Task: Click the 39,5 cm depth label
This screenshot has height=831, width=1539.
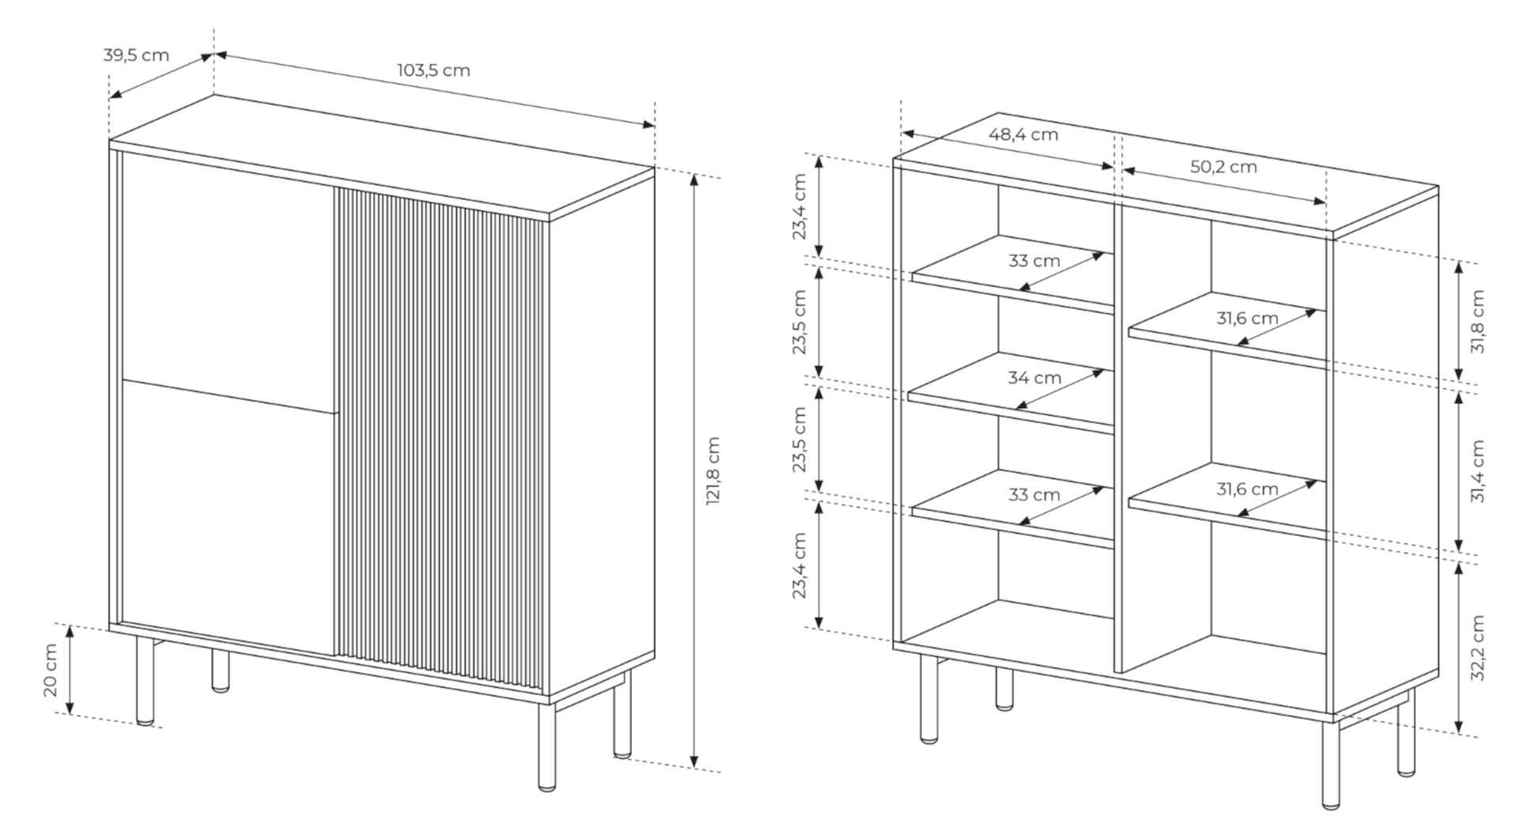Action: [x=136, y=55]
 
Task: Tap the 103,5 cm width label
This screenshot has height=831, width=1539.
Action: [x=433, y=70]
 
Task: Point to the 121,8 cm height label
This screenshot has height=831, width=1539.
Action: [x=713, y=470]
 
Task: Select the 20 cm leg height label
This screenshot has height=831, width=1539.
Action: [x=51, y=670]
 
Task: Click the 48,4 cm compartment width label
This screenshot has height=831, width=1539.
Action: [x=1023, y=134]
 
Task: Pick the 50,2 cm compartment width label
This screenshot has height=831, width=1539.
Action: [x=1223, y=167]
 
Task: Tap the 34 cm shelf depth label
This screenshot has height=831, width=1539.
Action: [x=1034, y=378]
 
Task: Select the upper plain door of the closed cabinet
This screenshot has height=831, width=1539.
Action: [x=229, y=281]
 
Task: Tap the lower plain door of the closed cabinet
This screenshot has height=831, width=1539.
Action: [x=229, y=514]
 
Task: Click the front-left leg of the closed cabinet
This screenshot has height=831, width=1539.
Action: [x=146, y=680]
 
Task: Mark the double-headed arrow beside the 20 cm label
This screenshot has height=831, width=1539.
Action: [x=70, y=670]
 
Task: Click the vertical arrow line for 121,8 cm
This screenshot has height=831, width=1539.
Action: [x=694, y=470]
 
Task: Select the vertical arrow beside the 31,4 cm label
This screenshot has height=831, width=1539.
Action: [x=1459, y=471]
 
